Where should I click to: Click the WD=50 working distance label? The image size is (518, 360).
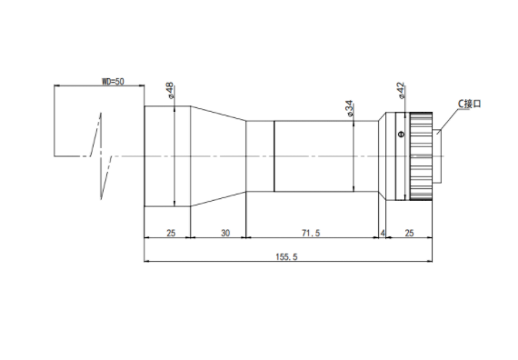(113, 81)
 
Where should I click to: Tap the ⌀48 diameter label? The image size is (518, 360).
(170, 91)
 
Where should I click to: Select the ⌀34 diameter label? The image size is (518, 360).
(349, 108)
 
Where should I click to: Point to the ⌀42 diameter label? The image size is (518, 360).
(401, 90)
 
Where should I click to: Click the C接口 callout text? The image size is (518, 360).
(470, 104)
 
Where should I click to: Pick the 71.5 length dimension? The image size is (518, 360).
(311, 233)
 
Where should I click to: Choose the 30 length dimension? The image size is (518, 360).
(225, 233)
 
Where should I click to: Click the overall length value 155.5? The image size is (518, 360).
(287, 256)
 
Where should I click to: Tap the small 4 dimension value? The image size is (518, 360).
(383, 233)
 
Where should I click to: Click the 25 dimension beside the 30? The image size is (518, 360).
(171, 233)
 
